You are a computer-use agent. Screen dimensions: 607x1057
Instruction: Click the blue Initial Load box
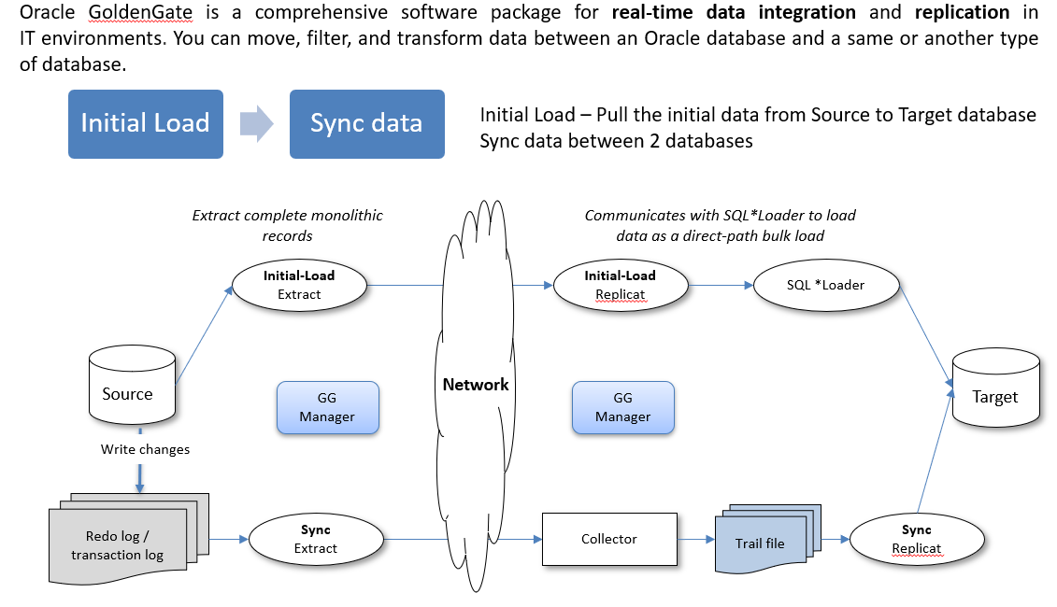pos(145,123)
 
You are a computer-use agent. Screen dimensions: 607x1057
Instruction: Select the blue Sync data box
pos(366,123)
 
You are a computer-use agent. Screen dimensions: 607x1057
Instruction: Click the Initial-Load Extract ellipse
pos(299,285)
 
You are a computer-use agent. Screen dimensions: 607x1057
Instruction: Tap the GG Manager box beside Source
pos(327,407)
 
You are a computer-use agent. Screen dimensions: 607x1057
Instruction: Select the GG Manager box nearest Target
pos(622,407)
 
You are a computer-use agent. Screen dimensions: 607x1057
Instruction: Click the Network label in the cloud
pos(476,385)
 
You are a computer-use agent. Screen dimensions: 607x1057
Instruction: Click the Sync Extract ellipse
pos(316,539)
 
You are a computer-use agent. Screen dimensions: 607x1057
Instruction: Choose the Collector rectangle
pos(609,539)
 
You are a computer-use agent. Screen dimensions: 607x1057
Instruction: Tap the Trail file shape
pos(762,543)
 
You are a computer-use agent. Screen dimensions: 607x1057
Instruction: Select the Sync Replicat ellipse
pos(917,539)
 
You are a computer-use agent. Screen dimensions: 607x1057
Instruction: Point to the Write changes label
pos(145,449)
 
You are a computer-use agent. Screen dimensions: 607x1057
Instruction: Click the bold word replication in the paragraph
pos(963,13)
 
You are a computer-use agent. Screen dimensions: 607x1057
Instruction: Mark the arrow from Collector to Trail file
pos(694,539)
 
